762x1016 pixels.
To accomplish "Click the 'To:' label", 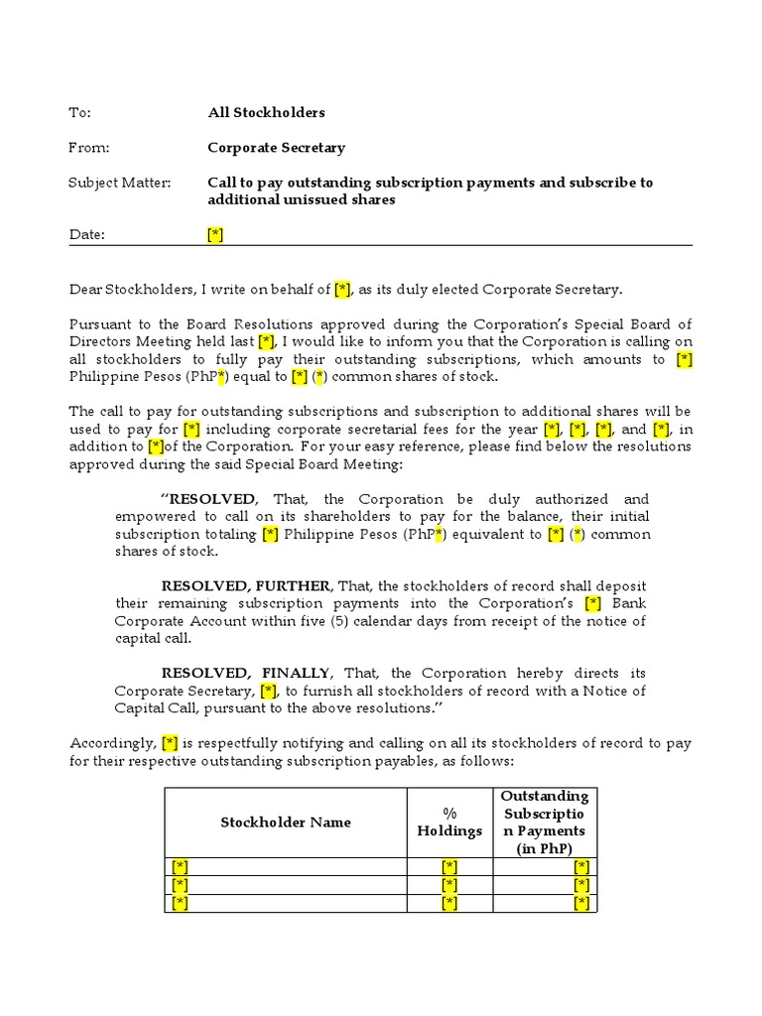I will click(79, 113).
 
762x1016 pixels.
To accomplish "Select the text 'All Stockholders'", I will click(266, 113).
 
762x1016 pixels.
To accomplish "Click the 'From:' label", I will click(88, 148).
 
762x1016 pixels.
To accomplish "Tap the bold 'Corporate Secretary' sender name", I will click(276, 148).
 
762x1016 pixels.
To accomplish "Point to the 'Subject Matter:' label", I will click(119, 183).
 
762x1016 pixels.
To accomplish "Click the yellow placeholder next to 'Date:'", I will click(215, 235).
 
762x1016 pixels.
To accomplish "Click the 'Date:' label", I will click(86, 235).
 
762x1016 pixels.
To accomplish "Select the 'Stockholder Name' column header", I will click(285, 823).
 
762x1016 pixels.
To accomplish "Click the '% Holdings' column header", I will click(449, 823).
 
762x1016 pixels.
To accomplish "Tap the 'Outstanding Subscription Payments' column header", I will click(544, 823).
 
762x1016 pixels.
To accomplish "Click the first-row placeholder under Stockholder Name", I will click(180, 867).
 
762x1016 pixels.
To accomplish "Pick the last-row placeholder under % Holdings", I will click(449, 903).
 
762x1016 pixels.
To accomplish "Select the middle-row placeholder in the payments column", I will click(581, 885).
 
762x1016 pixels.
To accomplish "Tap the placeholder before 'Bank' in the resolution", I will click(593, 603).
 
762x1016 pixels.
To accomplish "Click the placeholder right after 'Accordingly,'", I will click(170, 743).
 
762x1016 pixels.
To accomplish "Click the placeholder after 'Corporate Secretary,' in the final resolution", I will click(268, 691).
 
